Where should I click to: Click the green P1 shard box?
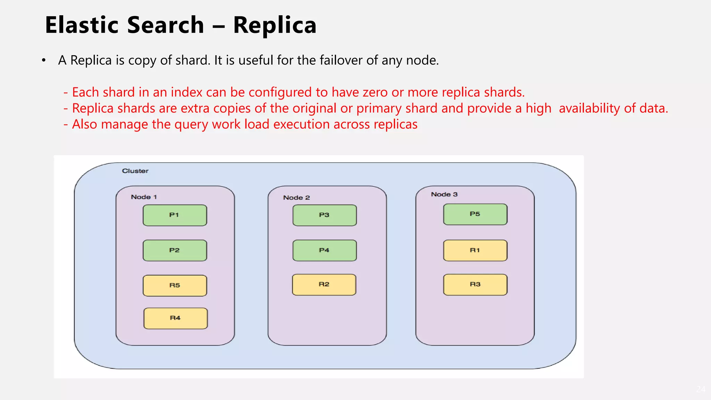(175, 215)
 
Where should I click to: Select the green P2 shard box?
(175, 250)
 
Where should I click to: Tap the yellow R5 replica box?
(175, 285)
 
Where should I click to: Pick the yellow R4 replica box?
(175, 318)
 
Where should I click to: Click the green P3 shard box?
(324, 215)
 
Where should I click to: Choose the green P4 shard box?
(324, 250)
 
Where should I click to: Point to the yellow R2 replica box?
(324, 284)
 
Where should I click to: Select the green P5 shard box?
(475, 214)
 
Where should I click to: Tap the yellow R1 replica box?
(475, 250)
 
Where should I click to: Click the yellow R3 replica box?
(475, 284)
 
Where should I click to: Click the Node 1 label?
(144, 197)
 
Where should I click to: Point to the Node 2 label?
(296, 198)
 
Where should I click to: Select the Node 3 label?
(444, 194)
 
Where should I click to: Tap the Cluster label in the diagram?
(135, 171)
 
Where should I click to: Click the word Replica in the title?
(275, 25)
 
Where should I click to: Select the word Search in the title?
(166, 25)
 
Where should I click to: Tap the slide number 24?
(701, 389)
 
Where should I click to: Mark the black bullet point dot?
(43, 61)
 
